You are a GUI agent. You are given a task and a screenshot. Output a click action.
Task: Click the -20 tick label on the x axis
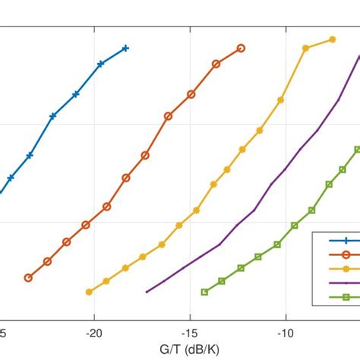tap(94, 332)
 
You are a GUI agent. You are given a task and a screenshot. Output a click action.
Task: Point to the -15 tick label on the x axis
tap(190, 332)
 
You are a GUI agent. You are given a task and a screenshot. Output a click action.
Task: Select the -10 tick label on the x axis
tap(286, 332)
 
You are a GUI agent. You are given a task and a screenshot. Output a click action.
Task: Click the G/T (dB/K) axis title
tap(180, 349)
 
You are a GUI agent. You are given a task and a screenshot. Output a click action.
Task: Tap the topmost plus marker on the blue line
tap(126, 48)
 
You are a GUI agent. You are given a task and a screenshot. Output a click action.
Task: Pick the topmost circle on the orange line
tap(241, 48)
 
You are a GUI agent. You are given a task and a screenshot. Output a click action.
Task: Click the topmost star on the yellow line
tap(332, 39)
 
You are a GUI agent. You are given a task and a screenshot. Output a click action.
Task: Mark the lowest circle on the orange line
tap(28, 278)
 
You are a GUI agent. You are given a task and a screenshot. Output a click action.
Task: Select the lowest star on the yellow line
tap(90, 292)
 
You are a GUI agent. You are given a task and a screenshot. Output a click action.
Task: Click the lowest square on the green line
tap(204, 292)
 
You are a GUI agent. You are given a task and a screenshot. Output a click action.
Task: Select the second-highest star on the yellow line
tap(305, 48)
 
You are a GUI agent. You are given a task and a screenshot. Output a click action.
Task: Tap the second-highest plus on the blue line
tap(100, 64)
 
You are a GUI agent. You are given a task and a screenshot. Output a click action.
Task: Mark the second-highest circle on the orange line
tap(216, 64)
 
